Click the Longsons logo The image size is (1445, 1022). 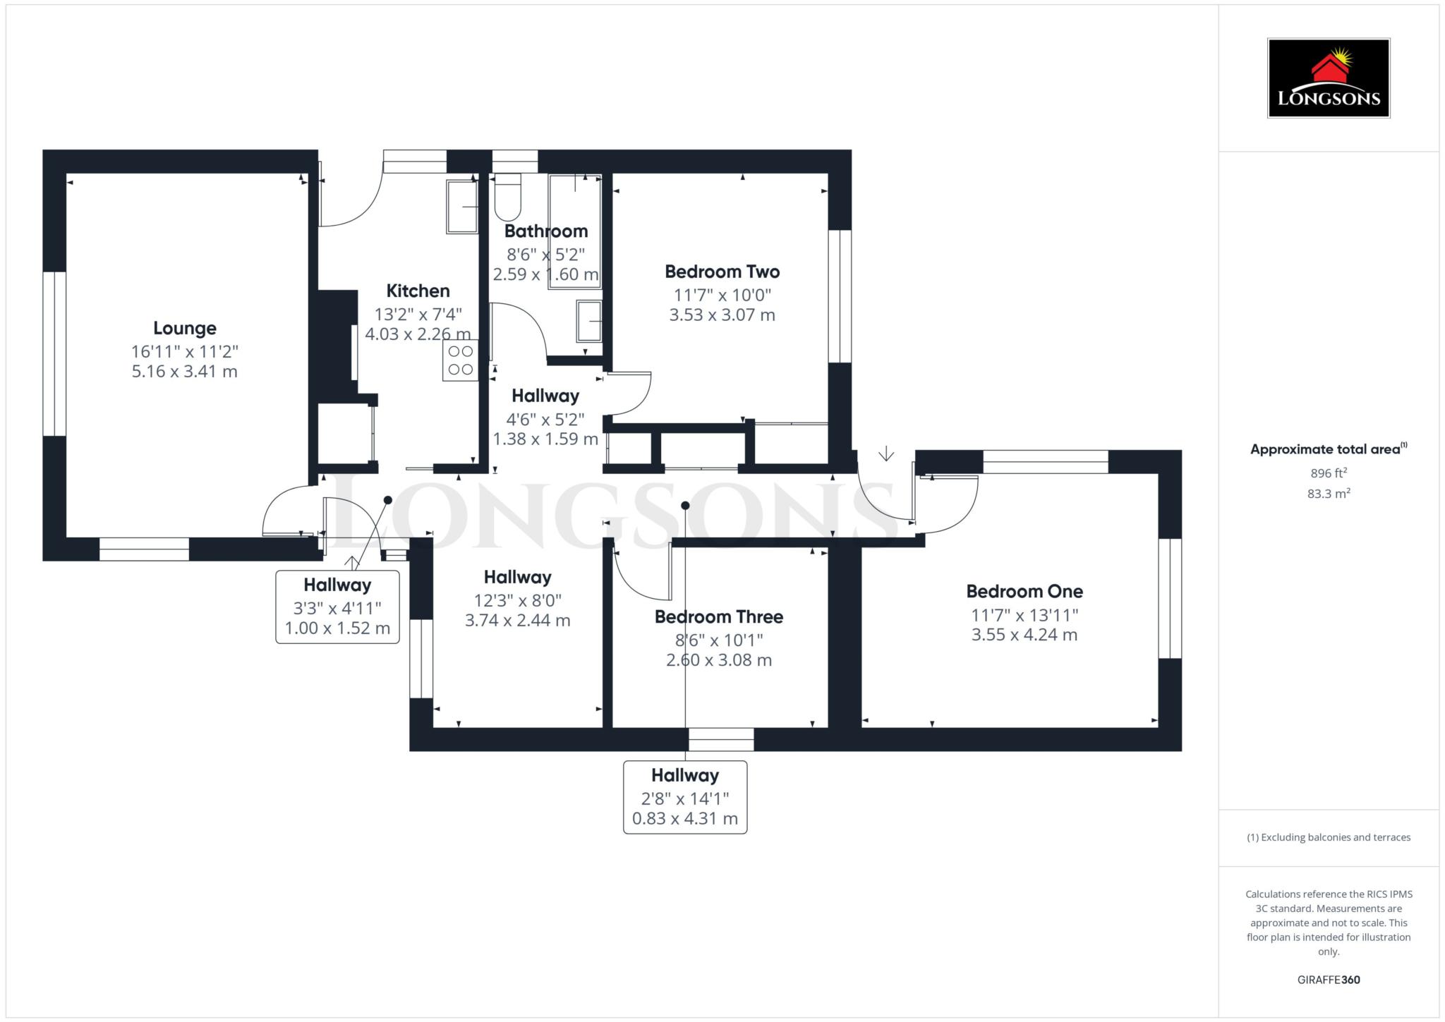pyautogui.click(x=1328, y=78)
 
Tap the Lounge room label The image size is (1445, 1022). pyautogui.click(x=185, y=328)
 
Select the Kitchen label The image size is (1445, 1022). pyautogui.click(x=418, y=291)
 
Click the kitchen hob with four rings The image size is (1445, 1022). pyautogui.click(x=461, y=360)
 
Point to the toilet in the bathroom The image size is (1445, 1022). pyautogui.click(x=507, y=198)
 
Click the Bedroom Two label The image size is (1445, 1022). pyautogui.click(x=722, y=272)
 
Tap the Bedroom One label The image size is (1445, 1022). pyautogui.click(x=1024, y=591)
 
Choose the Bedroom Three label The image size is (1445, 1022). pyautogui.click(x=718, y=617)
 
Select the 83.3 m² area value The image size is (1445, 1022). pyautogui.click(x=1328, y=494)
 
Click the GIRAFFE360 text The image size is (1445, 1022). pyautogui.click(x=1328, y=980)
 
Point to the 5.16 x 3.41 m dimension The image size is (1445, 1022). pyautogui.click(x=185, y=372)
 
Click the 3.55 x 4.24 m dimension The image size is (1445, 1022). pyautogui.click(x=1024, y=635)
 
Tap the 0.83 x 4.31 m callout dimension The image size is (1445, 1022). pyautogui.click(x=684, y=819)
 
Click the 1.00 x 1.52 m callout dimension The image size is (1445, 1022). pyautogui.click(x=337, y=628)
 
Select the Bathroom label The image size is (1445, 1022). pyautogui.click(x=545, y=231)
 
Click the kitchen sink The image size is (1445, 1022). pyautogui.click(x=462, y=206)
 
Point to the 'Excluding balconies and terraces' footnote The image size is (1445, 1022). pyautogui.click(x=1328, y=838)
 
